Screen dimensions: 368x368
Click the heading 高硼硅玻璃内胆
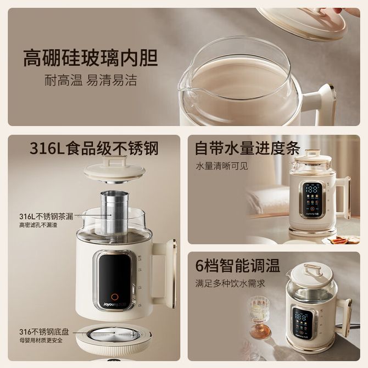tap(91, 58)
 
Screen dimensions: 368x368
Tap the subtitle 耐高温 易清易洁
tap(91, 80)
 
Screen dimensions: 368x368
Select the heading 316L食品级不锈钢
tap(94, 148)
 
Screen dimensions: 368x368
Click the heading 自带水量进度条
tap(248, 148)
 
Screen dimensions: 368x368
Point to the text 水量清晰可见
tap(222, 166)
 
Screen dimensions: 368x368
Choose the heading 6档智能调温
tap(237, 265)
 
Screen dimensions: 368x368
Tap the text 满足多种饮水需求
tap(230, 283)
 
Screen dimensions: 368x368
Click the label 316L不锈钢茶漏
tap(46, 216)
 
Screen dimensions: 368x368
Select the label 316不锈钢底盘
tap(44, 332)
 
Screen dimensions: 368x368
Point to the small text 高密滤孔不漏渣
tap(38, 225)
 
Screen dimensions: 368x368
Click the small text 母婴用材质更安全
tap(41, 340)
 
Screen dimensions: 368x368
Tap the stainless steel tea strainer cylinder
tap(115, 213)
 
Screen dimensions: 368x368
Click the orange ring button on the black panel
tap(115, 297)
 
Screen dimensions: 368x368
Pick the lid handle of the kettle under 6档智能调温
tap(313, 269)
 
